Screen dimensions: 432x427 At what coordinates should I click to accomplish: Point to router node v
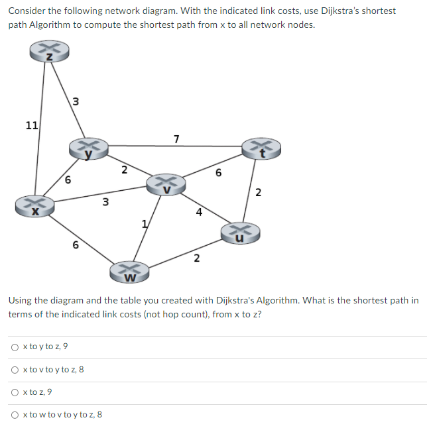[x=167, y=184]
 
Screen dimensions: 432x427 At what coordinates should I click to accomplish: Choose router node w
[x=131, y=271]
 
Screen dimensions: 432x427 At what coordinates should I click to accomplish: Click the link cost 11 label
[x=31, y=125]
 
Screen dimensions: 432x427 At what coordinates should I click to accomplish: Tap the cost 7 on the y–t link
[x=176, y=138]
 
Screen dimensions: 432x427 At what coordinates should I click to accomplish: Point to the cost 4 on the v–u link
[x=198, y=213]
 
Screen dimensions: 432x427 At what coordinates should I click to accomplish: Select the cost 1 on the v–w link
[x=144, y=223]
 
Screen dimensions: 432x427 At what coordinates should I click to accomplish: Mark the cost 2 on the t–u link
[x=258, y=193]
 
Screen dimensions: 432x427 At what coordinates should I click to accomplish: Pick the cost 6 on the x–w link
[x=75, y=244]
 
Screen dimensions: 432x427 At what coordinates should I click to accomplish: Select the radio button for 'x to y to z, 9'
[x=15, y=347]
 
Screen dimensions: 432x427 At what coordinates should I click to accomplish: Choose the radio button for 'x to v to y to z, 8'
[x=15, y=370]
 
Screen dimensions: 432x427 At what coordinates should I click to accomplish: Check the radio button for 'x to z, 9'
[x=15, y=392]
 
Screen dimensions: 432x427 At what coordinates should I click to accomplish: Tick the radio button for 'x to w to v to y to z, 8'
[x=15, y=415]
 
